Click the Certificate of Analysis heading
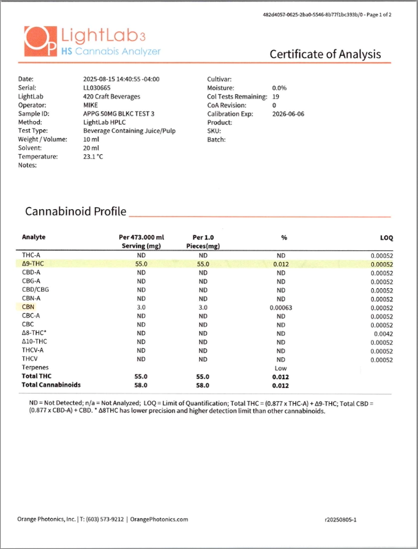pos(324,54)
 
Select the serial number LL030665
pos(98,88)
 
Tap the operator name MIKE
pos(91,105)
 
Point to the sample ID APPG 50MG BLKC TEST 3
pos(118,114)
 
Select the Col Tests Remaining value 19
pos(275,96)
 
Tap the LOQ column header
pos(386,237)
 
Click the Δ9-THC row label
pos(34,263)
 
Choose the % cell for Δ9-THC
pos(280,263)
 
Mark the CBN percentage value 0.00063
pos(280,308)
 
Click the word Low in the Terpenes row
pos(280,368)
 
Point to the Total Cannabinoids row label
pos(52,385)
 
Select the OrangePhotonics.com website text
pos(159,519)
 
